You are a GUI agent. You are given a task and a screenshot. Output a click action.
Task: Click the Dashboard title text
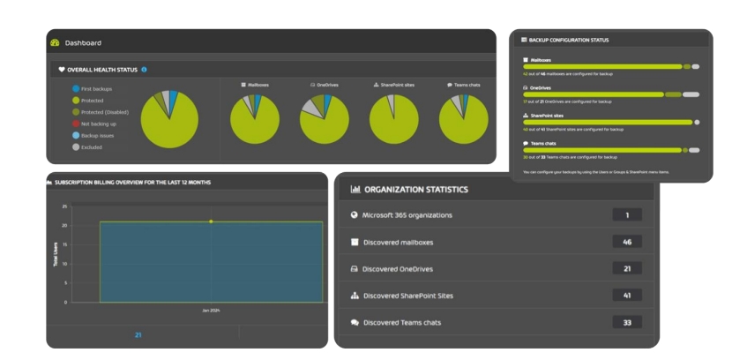(83, 42)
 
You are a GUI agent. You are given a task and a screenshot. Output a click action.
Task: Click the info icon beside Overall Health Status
(144, 69)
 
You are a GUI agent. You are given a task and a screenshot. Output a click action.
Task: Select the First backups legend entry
(96, 89)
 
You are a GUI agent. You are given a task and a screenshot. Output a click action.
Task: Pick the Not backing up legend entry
(99, 124)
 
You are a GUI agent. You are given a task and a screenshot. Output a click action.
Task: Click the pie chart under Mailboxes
(255, 119)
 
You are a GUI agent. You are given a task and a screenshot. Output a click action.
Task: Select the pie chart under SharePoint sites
(393, 119)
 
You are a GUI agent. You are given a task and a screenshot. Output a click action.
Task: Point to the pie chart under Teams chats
(463, 119)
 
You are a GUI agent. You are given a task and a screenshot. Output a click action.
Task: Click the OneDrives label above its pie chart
(325, 85)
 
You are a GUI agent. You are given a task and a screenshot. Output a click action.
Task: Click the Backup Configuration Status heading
(569, 40)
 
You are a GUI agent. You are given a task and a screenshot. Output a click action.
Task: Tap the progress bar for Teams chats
(602, 150)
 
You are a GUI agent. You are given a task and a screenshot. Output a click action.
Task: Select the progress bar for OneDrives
(594, 94)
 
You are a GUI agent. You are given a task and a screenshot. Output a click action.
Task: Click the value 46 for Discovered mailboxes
(626, 242)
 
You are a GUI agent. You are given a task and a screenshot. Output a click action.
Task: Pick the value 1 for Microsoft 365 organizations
(626, 214)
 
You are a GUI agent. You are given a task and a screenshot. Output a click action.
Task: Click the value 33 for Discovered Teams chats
(626, 322)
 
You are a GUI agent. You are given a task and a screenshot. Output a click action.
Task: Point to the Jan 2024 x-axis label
(211, 311)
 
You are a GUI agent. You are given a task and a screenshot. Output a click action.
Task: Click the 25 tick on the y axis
(64, 206)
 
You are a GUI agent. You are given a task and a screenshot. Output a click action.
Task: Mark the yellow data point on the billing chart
(211, 221)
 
